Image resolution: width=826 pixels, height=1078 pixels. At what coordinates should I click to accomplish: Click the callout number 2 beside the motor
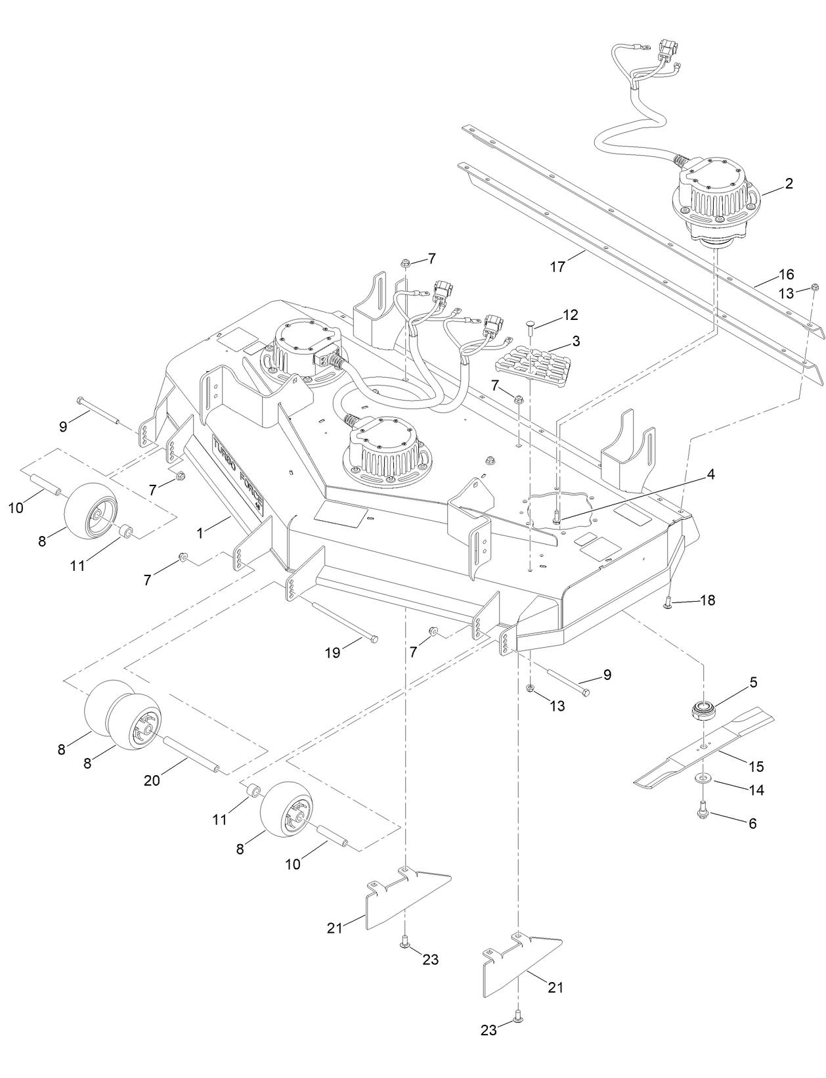click(789, 183)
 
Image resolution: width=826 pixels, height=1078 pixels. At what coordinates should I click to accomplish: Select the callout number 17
click(557, 267)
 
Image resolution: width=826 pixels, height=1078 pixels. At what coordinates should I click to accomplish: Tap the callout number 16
click(786, 274)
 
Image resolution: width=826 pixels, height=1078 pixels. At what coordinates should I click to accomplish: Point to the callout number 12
click(570, 315)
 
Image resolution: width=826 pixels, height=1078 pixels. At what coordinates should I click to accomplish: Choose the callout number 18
click(707, 600)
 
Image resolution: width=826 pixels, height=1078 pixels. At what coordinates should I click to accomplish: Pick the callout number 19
click(334, 652)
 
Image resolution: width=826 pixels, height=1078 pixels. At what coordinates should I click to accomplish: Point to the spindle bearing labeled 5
click(703, 711)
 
